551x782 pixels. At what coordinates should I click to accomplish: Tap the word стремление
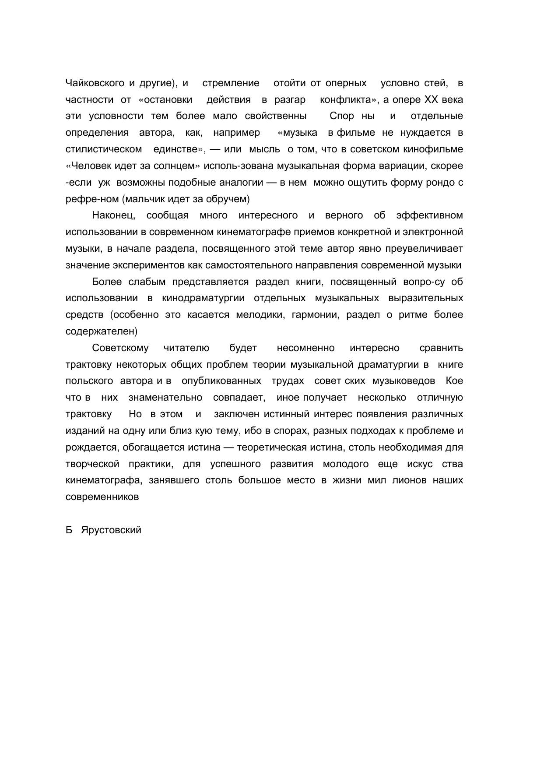tap(231, 83)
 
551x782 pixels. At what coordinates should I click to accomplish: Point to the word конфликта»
tap(350, 100)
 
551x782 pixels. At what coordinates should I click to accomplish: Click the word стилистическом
tap(104, 149)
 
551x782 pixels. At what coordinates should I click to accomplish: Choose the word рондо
tap(441, 183)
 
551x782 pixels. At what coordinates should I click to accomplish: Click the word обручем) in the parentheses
tap(230, 199)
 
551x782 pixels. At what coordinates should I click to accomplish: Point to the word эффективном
tap(429, 215)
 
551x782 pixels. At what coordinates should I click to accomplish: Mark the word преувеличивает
tap(424, 249)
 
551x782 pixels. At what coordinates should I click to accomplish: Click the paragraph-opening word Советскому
tap(120, 348)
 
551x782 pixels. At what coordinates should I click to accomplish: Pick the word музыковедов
tap(404, 381)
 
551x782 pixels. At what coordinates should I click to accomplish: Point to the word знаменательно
tap(165, 398)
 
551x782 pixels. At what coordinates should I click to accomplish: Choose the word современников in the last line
tap(102, 497)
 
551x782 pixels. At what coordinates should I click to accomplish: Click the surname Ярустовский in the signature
tap(111, 530)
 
